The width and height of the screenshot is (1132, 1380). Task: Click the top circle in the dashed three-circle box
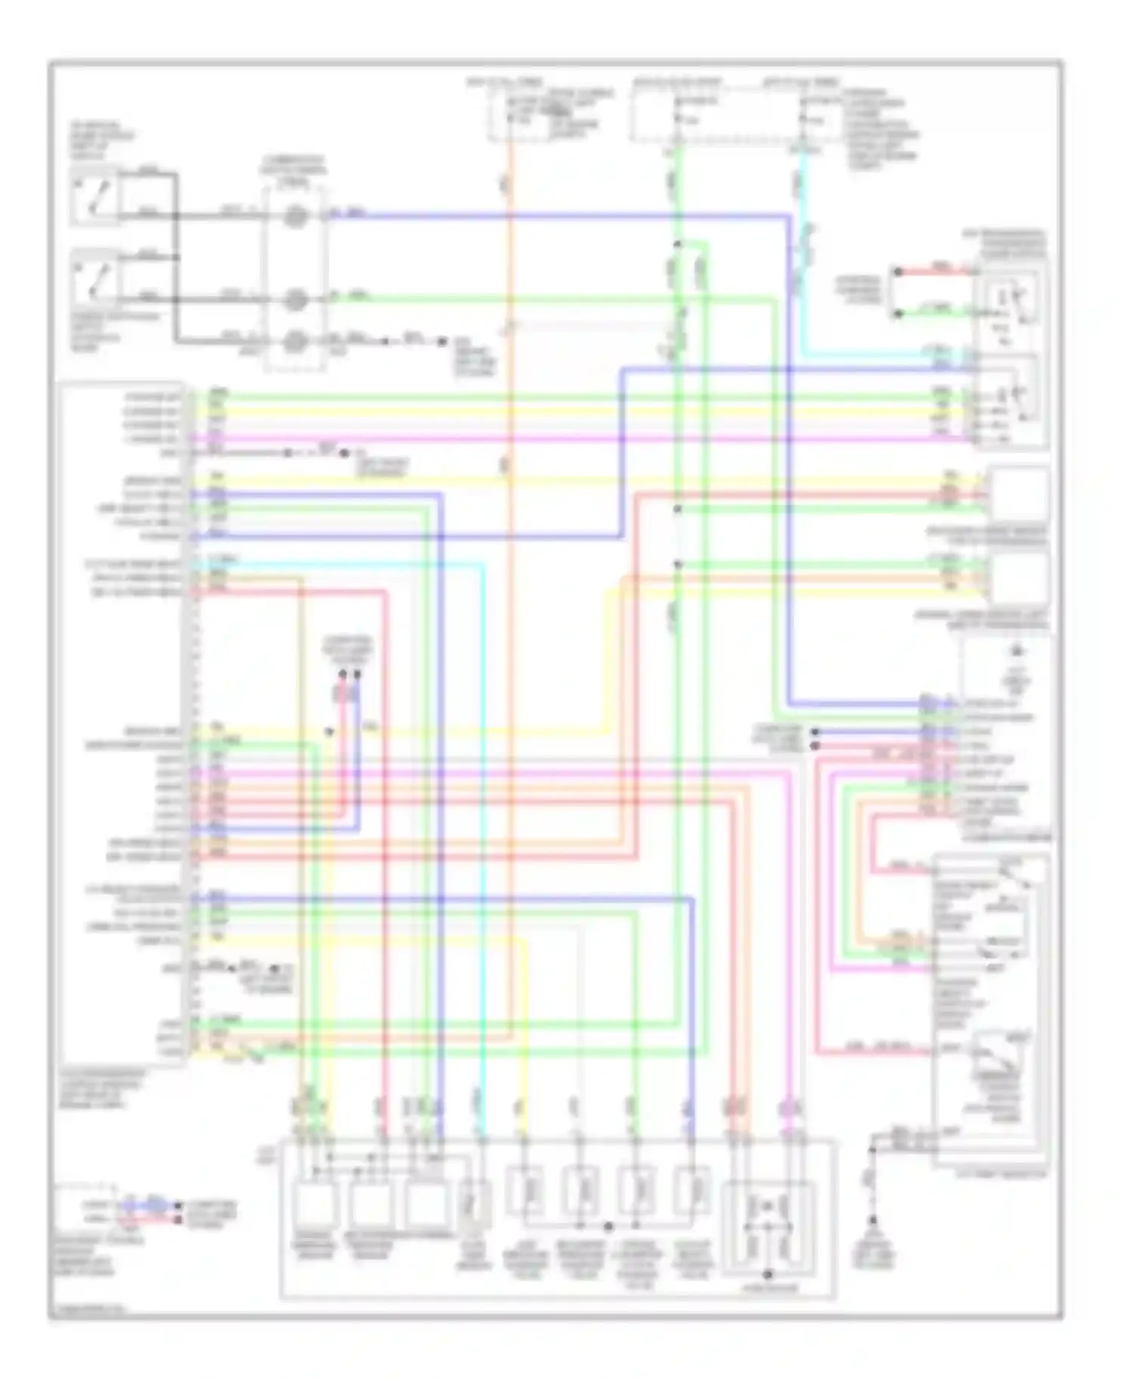295,217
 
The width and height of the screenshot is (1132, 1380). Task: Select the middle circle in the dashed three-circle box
295,300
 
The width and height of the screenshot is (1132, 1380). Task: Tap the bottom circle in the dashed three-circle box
295,342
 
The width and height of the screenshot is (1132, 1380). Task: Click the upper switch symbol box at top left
95,196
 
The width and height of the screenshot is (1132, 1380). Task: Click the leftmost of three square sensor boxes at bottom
315,1206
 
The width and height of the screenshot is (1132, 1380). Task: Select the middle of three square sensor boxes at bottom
371,1206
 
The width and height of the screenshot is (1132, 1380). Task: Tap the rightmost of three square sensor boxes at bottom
426,1206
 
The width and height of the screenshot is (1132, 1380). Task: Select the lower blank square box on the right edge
1019,579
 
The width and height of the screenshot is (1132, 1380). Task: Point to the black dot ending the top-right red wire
897,270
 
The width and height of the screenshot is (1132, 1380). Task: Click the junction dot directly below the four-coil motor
767,1276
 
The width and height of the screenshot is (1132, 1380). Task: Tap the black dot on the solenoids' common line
608,1226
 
